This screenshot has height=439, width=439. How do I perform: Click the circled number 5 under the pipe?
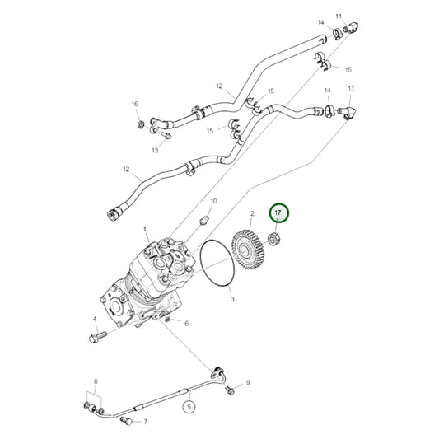(x=189, y=406)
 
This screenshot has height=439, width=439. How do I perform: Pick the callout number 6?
(x=186, y=323)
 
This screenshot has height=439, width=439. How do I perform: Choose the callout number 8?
(x=96, y=381)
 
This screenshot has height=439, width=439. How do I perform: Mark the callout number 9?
(x=247, y=383)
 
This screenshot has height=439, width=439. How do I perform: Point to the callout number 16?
(x=134, y=104)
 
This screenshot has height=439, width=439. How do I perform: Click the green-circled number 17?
(x=278, y=213)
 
